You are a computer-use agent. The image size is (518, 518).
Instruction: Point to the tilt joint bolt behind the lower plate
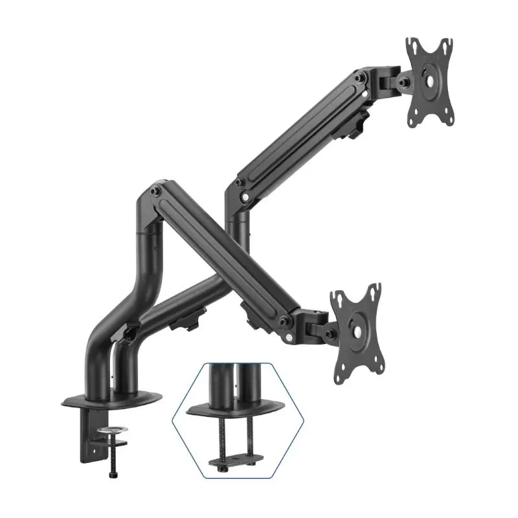(x=330, y=333)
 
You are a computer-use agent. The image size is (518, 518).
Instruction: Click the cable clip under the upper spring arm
(x=355, y=123)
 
